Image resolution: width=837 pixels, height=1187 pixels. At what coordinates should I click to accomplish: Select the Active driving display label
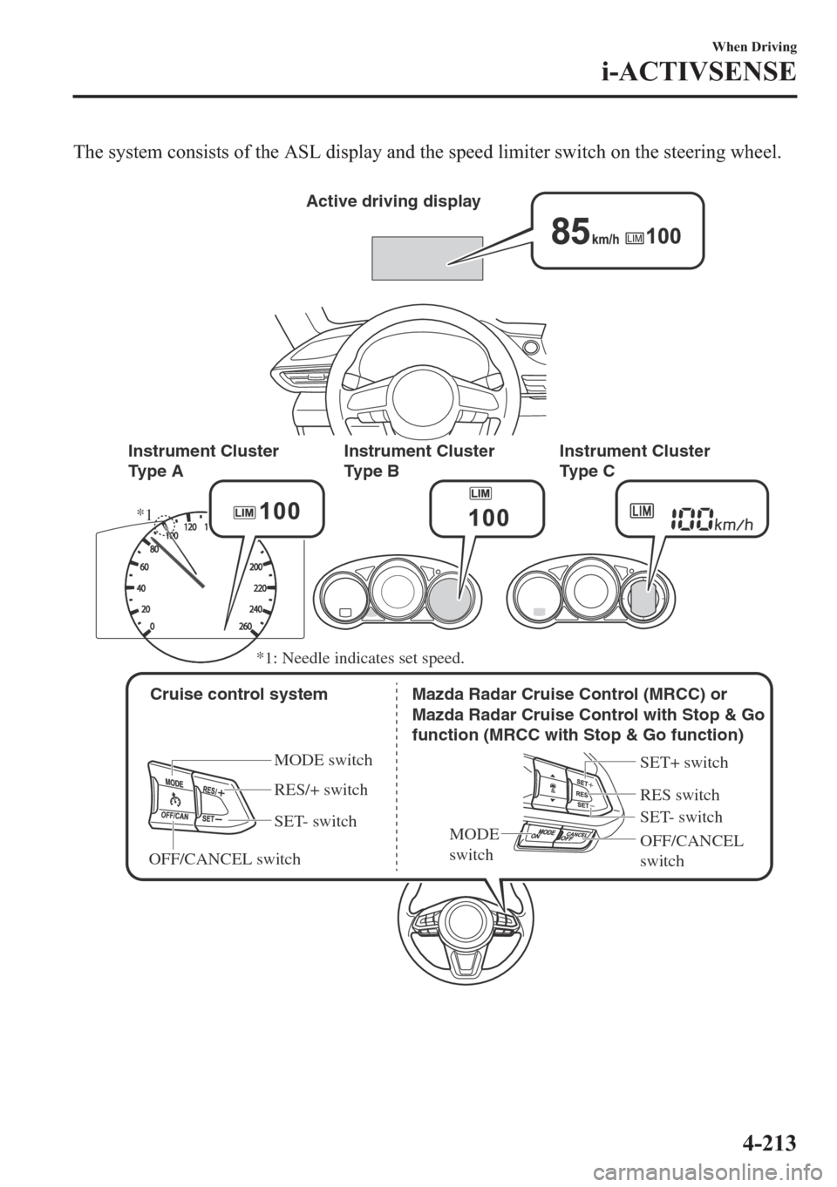(x=393, y=201)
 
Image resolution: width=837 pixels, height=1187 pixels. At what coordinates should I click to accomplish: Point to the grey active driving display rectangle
(x=427, y=257)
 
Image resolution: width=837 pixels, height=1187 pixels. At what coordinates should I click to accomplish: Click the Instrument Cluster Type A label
(x=203, y=460)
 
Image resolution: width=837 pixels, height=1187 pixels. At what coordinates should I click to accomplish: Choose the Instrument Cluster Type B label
(x=419, y=460)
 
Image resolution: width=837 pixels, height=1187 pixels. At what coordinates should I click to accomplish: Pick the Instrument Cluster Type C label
(x=635, y=460)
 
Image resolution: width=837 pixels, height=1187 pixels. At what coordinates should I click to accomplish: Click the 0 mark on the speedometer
(x=153, y=626)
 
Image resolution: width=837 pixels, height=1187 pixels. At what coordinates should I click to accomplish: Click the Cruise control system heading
(x=239, y=695)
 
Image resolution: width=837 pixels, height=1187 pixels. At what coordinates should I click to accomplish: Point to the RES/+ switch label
(x=321, y=790)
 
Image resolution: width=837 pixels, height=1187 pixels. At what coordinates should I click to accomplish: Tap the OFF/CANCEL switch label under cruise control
(x=225, y=859)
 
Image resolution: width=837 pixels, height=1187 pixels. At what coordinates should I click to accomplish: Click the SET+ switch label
(x=684, y=763)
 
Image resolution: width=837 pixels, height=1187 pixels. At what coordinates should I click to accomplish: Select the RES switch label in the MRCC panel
(x=679, y=795)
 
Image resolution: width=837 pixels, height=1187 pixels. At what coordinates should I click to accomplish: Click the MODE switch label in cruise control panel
(x=323, y=760)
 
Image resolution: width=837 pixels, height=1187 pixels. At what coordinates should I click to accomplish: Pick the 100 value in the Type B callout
(x=488, y=519)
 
